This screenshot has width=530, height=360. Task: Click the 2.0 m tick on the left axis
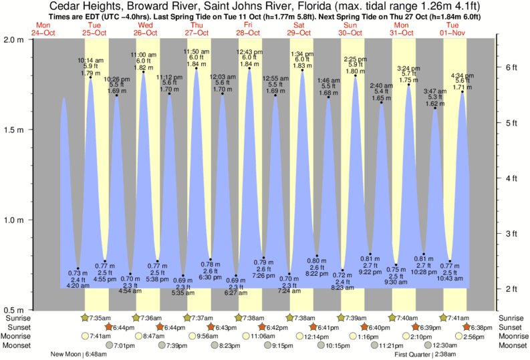[30, 39]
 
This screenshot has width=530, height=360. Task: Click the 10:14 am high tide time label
[90, 60]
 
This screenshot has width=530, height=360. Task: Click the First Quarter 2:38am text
[425, 355]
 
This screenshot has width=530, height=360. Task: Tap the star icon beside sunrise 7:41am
[444, 318]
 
